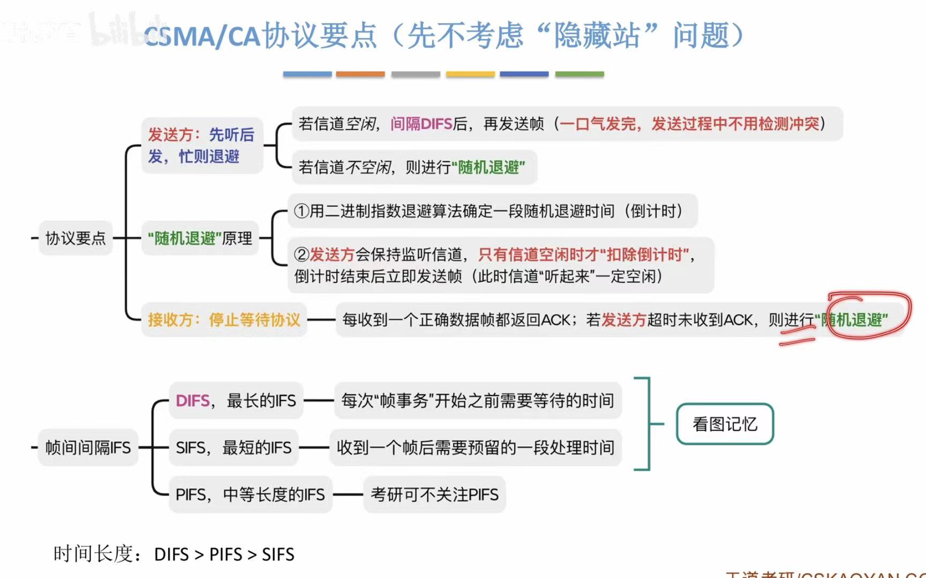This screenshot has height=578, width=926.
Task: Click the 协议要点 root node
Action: pos(76,238)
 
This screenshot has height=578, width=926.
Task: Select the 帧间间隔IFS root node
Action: pos(88,447)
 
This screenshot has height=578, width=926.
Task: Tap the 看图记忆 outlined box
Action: pos(725,424)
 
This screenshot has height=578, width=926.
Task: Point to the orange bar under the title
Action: pos(360,74)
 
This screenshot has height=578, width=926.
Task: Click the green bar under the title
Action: pos(579,74)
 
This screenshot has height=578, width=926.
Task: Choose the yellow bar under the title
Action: pos(470,74)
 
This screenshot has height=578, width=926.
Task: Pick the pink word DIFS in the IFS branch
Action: pos(192,401)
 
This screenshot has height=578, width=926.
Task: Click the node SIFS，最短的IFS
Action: pos(234,447)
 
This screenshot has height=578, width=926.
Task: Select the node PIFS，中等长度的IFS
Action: pos(250,494)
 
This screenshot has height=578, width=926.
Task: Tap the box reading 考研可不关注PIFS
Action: pos(434,494)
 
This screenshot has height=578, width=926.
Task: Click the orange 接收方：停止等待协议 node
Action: pos(224,320)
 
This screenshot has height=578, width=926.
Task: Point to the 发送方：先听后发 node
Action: pos(201,145)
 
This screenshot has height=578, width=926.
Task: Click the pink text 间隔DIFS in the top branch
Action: pos(421,124)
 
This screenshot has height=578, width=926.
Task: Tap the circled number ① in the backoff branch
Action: pos(302,211)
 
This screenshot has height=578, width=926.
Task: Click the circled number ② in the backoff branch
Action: pos(302,254)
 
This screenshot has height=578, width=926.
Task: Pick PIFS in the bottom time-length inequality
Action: pos(225,554)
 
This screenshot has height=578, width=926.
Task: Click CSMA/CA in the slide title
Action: pos(201,36)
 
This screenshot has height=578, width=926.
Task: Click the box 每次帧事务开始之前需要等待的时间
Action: pos(477,401)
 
